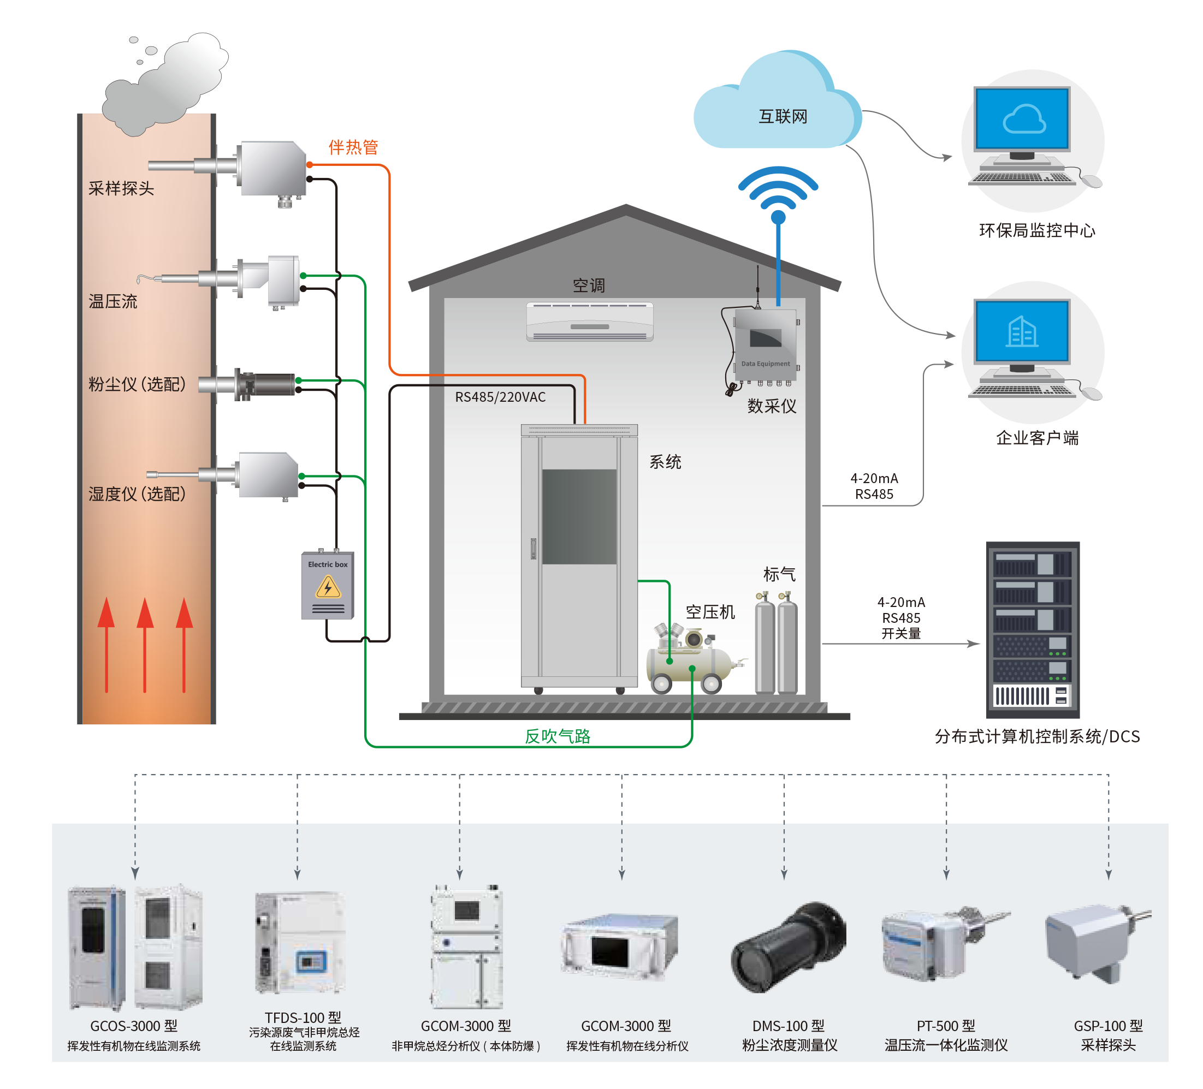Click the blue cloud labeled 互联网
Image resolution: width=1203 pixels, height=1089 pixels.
[x=776, y=108]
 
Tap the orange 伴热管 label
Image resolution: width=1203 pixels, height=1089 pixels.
[x=353, y=147]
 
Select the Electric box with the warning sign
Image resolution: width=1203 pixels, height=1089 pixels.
[x=328, y=586]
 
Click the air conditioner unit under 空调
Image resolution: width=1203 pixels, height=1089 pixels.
[x=590, y=322]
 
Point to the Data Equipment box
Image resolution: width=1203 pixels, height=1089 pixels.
[x=765, y=344]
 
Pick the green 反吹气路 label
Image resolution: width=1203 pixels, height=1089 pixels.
[x=558, y=736]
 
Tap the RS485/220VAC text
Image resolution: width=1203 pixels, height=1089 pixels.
[x=500, y=397]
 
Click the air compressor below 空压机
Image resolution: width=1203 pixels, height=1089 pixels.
[x=692, y=662]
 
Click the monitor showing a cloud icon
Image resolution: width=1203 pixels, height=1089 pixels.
[x=1022, y=120]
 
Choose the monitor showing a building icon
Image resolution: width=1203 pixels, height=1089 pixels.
[x=1022, y=331]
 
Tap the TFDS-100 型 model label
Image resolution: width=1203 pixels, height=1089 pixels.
[x=303, y=1017]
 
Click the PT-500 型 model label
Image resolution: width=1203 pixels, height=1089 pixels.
[x=946, y=1026]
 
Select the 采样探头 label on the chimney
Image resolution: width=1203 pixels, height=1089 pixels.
[x=121, y=188]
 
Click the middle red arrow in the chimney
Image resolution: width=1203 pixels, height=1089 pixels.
[x=145, y=644]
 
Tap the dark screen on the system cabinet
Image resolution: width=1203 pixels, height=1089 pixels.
[x=579, y=516]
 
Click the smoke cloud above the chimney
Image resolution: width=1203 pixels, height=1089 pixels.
[x=167, y=84]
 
